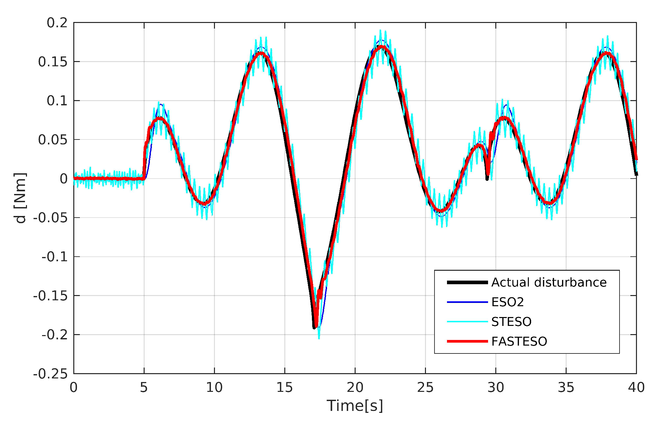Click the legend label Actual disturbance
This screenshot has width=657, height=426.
(549, 282)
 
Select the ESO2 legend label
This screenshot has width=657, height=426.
(507, 302)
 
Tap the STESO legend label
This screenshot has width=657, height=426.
(511, 322)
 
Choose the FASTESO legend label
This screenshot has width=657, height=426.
(519, 341)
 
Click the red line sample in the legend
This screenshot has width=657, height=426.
(467, 341)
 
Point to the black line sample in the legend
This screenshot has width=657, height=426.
(467, 282)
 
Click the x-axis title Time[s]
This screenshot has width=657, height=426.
(355, 406)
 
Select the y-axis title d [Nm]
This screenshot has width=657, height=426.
(20, 198)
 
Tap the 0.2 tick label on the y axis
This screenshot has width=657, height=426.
(57, 23)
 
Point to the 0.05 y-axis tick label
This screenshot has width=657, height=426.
(53, 140)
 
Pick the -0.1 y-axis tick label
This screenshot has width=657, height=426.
(55, 257)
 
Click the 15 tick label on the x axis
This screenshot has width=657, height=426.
(285, 388)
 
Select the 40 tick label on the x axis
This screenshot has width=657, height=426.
(636, 388)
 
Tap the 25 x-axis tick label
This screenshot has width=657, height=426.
(425, 388)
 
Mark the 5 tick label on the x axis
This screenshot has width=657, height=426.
(144, 388)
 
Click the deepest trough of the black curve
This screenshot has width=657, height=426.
(314, 327)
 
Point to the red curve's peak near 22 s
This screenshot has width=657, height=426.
(381, 47)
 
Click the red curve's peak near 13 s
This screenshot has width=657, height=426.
(261, 53)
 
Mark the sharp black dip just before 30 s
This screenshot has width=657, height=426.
(487, 179)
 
